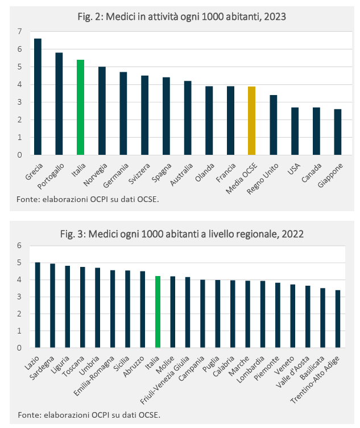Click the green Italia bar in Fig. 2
[80, 107]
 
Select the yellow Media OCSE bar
[251, 120]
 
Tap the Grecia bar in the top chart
[38, 97]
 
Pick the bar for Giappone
[337, 132]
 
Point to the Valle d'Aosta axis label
[299, 365]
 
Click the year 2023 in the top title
[273, 17]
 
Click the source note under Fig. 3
[89, 414]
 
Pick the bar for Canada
[316, 131]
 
